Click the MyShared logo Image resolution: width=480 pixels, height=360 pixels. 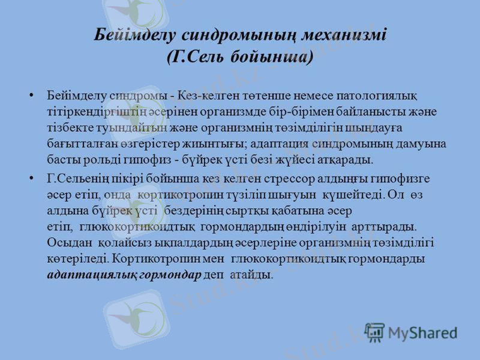pyautogui.click(x=411, y=332)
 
